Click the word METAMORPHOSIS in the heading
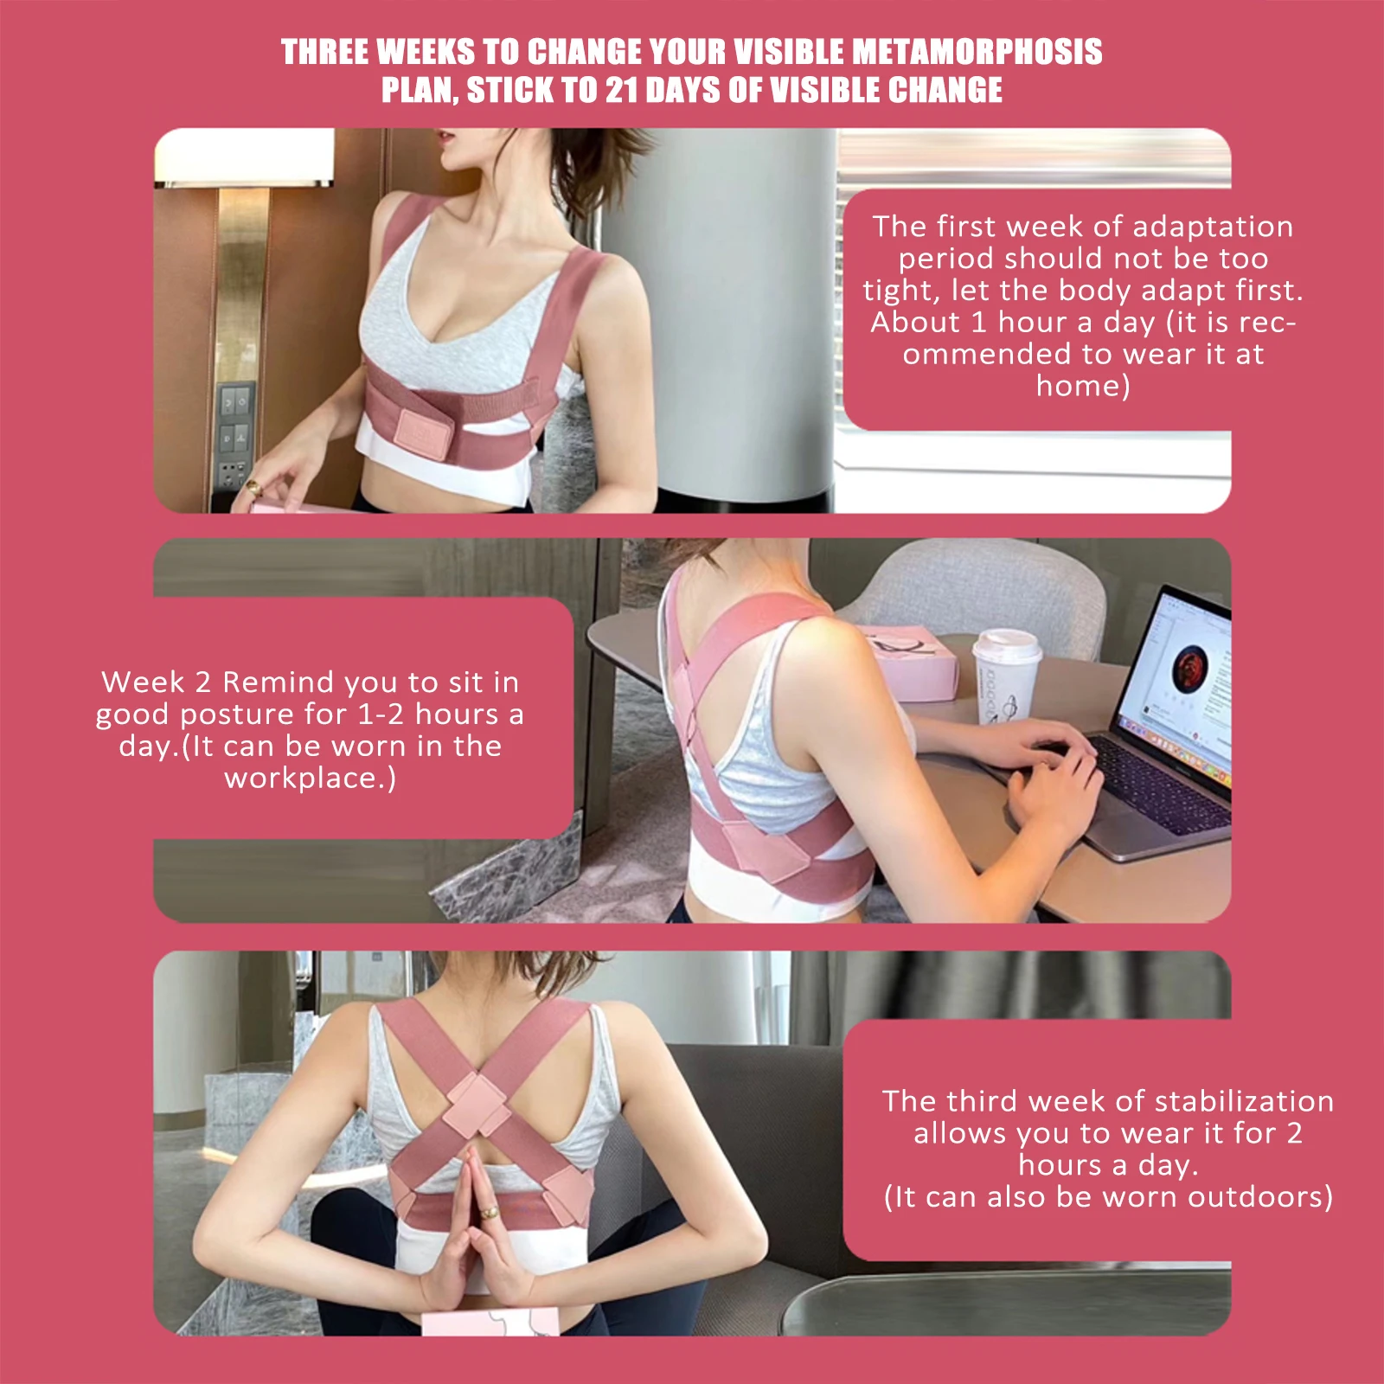pyautogui.click(x=977, y=52)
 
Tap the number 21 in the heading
pyautogui.click(x=622, y=90)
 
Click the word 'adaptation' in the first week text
pyautogui.click(x=1213, y=227)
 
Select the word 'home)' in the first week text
pyautogui.click(x=1083, y=386)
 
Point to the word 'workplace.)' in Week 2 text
pyautogui.click(x=311, y=778)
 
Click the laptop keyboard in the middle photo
pyautogui.click(x=1159, y=778)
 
